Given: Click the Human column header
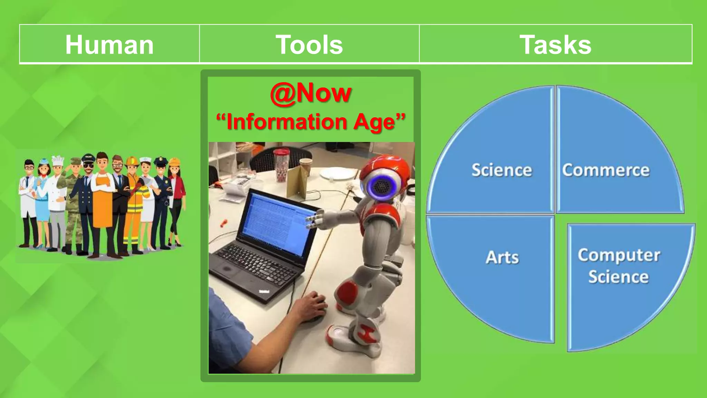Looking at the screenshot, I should pos(109,45).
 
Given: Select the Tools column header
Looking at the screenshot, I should pos(309,45).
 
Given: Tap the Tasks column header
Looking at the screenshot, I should pos(555,45).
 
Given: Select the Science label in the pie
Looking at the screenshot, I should pos(502,170).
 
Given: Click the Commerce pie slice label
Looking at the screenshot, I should pos(606,170).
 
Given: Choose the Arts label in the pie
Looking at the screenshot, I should pos(502,257).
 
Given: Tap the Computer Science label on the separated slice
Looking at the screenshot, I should pos(619,266).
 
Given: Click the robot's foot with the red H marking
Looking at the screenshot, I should pos(368,333).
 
